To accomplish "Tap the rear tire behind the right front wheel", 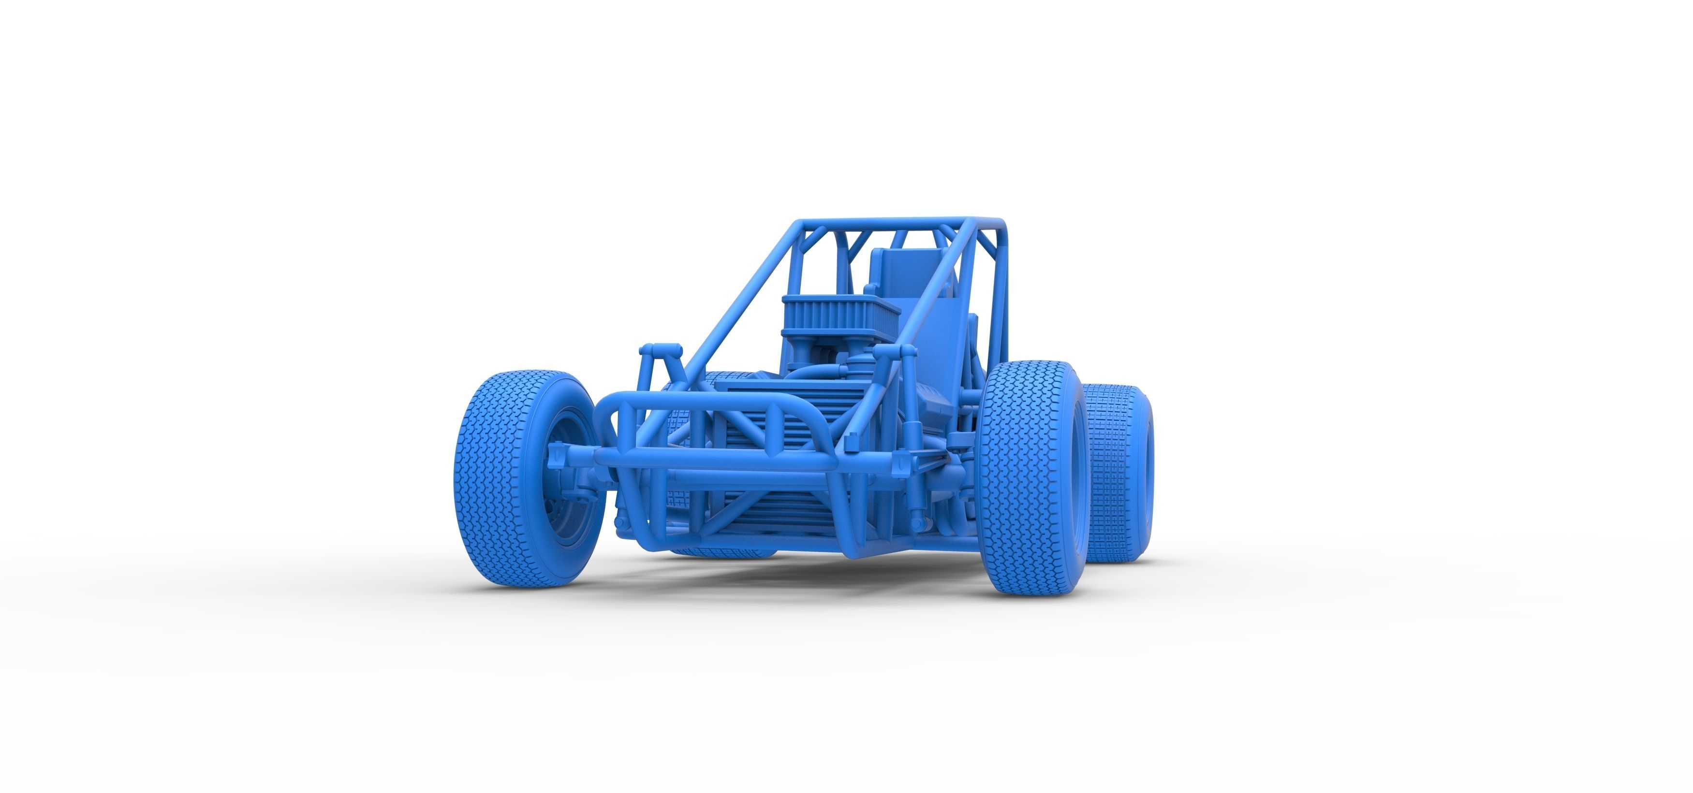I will [1117, 473].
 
